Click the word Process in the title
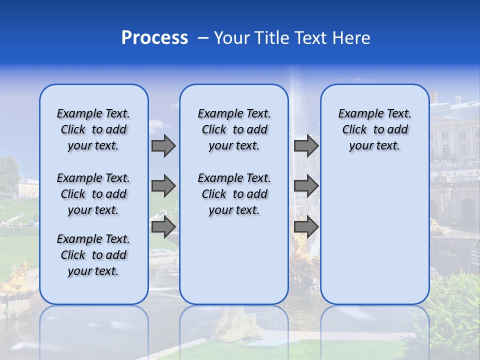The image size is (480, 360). pos(154,38)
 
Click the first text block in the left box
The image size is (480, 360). pos(93,129)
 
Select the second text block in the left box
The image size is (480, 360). pos(93,194)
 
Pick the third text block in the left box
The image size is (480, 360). pos(93,255)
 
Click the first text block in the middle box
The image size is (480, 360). pos(234,129)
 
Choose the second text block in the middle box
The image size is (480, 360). pos(234,194)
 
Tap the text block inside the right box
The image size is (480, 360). pos(374,129)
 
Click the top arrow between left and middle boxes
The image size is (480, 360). pos(163,146)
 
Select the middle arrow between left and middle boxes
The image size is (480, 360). pos(163,186)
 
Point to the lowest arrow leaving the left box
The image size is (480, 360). pos(163,226)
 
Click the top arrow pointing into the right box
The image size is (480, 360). pos(306,146)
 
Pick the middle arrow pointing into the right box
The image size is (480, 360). pos(306,186)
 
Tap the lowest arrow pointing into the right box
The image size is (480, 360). pos(306,226)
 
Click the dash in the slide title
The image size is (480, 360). pos(203,38)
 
